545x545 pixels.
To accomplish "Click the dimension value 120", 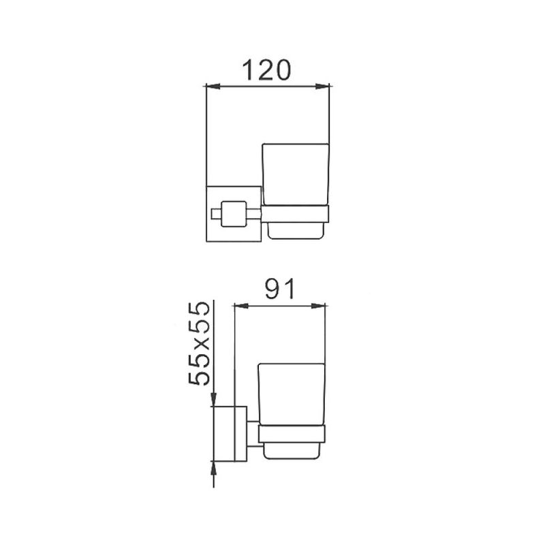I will pos(266,69).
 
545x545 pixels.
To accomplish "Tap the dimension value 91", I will pos(279,290).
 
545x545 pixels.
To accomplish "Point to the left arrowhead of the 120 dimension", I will pos(211,86).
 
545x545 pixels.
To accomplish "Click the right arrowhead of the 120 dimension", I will pos(324,86).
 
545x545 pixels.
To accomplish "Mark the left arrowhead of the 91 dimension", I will pos(239,306).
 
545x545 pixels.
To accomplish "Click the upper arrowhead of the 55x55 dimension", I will pos(214,399).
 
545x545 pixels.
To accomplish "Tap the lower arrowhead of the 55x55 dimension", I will pos(214,467).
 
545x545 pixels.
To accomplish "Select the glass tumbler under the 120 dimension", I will pos(296,174).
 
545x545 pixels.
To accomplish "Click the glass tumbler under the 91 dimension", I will pos(292,394).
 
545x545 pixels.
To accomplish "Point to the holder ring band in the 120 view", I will pos(295,215).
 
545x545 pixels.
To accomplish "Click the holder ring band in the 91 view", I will pos(292,434).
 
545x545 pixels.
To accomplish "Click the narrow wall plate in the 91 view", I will pos(240,434).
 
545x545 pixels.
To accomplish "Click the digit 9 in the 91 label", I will pos(272,290).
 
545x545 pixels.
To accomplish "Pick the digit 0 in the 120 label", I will pos(281,69).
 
